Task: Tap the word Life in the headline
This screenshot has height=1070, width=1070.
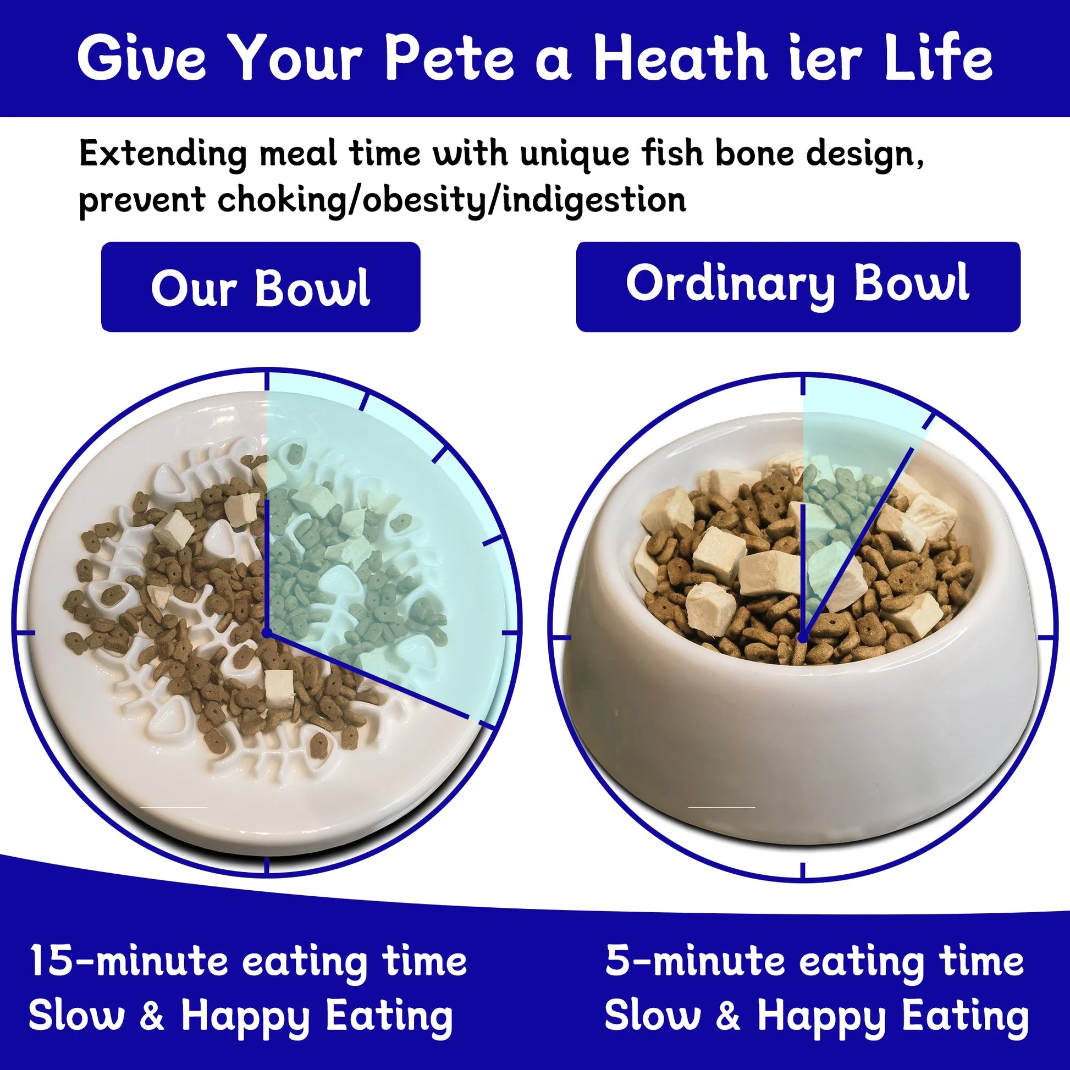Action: pyautogui.click(x=937, y=58)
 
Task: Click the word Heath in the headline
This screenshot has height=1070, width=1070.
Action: pyautogui.click(x=681, y=57)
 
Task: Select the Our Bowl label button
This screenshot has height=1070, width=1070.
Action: pyautogui.click(x=260, y=287)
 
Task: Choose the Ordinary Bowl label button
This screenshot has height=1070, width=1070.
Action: pyautogui.click(x=798, y=287)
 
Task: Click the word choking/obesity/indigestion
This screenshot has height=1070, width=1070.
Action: pyautogui.click(x=451, y=200)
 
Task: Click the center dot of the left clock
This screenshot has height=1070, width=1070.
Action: pyautogui.click(x=266, y=632)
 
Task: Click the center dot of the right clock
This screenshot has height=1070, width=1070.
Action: pyautogui.click(x=803, y=638)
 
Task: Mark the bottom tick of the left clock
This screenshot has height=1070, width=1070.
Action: pyautogui.click(x=267, y=867)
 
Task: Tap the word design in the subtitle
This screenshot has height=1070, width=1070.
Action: pyautogui.click(x=864, y=155)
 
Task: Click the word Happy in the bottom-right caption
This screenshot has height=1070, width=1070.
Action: pyautogui.click(x=821, y=1016)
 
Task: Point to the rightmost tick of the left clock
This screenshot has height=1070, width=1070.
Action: pyautogui.click(x=511, y=632)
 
